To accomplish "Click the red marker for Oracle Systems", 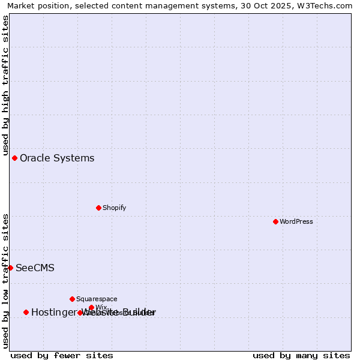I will (x=14, y=158).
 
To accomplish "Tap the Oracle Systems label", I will (x=57, y=158).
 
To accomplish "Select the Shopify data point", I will (x=98, y=208).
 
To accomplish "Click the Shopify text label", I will (x=114, y=208).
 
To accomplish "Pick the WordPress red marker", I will (x=275, y=221).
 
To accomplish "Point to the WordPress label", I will (x=296, y=222).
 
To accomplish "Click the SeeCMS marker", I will (x=10, y=268).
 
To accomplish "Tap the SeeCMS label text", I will (x=35, y=268).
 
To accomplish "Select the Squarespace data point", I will (x=72, y=299).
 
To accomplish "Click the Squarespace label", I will (x=97, y=299).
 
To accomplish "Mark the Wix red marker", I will (x=91, y=308).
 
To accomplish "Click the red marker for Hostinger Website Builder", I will (x=26, y=312).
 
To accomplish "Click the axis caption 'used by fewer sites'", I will (x=62, y=355).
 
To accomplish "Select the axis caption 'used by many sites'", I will (x=301, y=355).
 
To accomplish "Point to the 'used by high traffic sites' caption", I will (x=5, y=86).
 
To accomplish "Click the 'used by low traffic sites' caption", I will (x=5, y=281).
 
